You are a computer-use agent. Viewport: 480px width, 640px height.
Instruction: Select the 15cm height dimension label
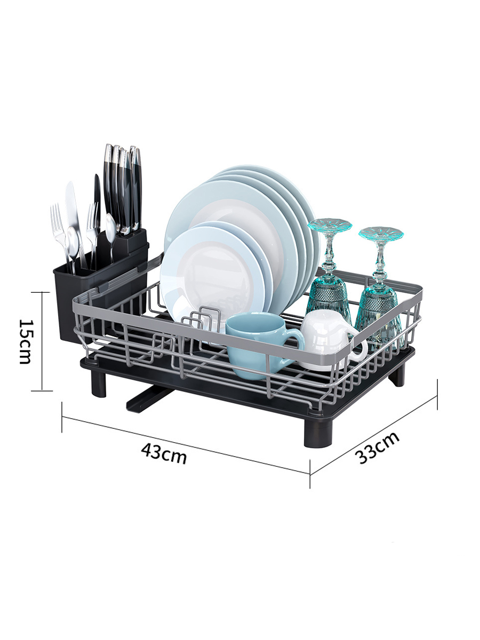[x=26, y=341]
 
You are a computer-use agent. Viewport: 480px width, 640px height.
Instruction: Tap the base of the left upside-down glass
[x=330, y=227]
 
